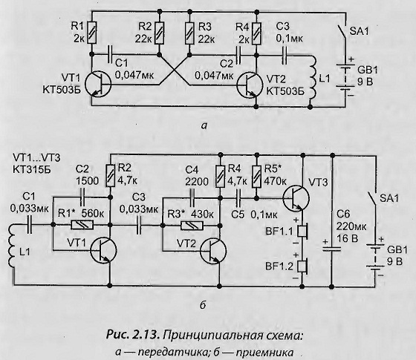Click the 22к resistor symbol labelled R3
tap(189, 33)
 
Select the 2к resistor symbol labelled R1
tap(92, 33)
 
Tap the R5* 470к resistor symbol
tap(256, 177)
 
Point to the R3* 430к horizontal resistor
tap(192, 226)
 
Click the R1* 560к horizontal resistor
tap(82, 226)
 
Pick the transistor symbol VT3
tap(296, 199)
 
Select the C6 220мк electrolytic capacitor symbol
tap(331, 249)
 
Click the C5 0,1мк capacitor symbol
tap(238, 198)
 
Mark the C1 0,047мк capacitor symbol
tap(110, 54)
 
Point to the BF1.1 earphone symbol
tap(302, 231)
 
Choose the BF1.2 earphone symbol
tap(302, 266)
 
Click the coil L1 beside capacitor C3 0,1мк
tap(312, 79)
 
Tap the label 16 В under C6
tap(345, 238)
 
